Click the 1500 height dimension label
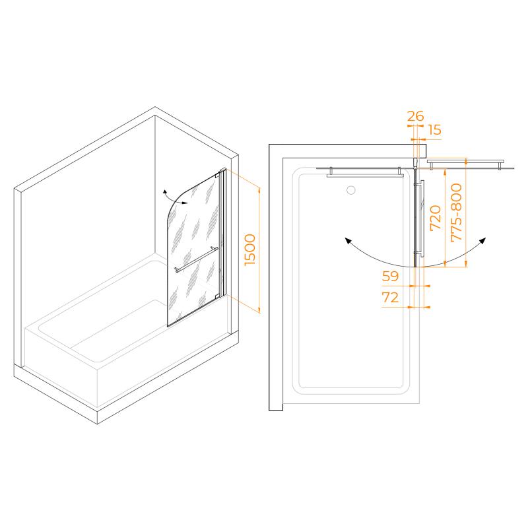coord(250,250)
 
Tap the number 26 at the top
coord(415,116)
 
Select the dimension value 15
coord(435,129)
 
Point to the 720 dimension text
coord(436,218)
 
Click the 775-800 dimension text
coord(456,212)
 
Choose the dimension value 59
coord(390,276)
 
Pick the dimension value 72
coord(390,298)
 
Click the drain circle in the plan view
coord(351,190)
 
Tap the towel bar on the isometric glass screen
coord(196,259)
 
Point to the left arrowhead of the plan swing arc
coord(347,240)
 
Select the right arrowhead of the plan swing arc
coord(483,240)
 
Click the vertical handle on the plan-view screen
coord(421,218)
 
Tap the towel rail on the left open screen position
coord(365,175)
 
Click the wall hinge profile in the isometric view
coord(223,232)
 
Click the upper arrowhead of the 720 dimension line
coord(445,172)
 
